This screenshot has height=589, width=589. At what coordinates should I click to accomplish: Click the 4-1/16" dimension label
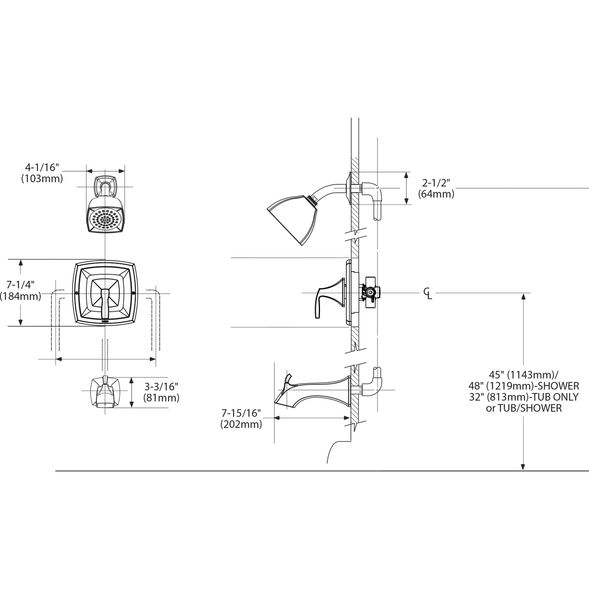[x=42, y=167]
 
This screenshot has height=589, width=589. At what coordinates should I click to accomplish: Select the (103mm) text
[x=42, y=179]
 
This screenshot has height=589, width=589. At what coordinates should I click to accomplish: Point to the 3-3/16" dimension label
[x=161, y=386]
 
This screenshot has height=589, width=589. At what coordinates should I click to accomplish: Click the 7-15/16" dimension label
[x=241, y=413]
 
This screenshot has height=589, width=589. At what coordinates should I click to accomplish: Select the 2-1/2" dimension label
[x=436, y=183]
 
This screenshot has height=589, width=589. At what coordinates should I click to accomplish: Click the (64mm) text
[x=436, y=194]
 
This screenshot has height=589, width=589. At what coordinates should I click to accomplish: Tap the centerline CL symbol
[x=427, y=293]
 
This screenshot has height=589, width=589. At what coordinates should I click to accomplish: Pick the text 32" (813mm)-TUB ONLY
[x=523, y=397]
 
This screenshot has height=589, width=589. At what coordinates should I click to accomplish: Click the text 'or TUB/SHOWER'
[x=523, y=408]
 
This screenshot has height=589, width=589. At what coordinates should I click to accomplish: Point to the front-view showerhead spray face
[x=106, y=221]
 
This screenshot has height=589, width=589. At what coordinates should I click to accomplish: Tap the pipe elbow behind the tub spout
[x=375, y=383]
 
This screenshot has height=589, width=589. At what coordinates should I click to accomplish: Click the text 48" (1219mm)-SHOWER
[x=523, y=386]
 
